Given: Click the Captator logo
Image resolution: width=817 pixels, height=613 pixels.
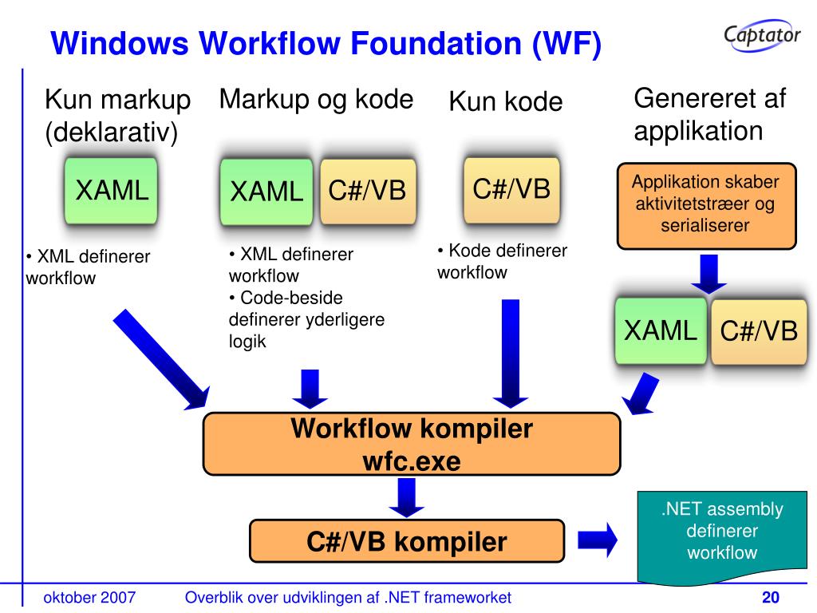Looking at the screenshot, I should pyautogui.click(x=762, y=35).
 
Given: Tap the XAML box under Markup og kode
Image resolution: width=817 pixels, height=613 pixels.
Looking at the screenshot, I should pyautogui.click(x=266, y=192).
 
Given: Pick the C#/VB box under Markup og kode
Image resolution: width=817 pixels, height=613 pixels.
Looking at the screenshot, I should pyautogui.click(x=368, y=192).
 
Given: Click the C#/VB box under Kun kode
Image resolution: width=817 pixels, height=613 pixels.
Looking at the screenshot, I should pyautogui.click(x=511, y=189).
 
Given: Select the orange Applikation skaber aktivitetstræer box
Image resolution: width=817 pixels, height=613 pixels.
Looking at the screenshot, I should pyautogui.click(x=706, y=204).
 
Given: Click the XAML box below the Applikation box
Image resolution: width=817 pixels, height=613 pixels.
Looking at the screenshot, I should pyautogui.click(x=661, y=330).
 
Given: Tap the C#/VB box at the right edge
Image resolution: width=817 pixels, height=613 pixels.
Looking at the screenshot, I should pyautogui.click(x=759, y=331).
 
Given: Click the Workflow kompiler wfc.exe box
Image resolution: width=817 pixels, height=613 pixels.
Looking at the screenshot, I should pyautogui.click(x=411, y=445).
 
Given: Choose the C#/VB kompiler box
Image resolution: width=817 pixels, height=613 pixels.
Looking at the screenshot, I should pyautogui.click(x=407, y=542).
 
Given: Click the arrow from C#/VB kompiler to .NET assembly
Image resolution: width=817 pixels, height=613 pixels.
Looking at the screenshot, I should pyautogui.click(x=597, y=541).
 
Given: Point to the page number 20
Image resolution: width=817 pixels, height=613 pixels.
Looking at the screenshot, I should pyautogui.click(x=770, y=598).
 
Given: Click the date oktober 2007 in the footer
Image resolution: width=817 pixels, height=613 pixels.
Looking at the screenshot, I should pyautogui.click(x=89, y=598).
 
